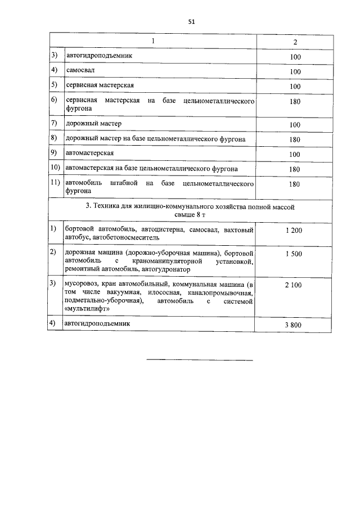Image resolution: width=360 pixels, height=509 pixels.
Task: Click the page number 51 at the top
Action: pos(191,22)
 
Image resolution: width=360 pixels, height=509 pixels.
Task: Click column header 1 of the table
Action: pos(152,42)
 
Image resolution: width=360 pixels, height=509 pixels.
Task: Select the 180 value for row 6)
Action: pos(295,102)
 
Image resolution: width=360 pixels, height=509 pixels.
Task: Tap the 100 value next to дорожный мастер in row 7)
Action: pos(295,124)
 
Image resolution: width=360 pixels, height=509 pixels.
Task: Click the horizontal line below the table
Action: pos(200,360)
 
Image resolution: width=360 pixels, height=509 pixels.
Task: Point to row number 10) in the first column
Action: pos(55,168)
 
